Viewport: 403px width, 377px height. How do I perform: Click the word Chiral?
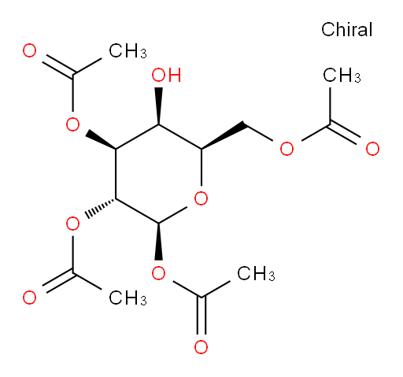[346, 29]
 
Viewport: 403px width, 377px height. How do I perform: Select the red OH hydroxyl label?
[166, 75]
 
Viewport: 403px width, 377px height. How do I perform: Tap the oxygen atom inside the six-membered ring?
[201, 198]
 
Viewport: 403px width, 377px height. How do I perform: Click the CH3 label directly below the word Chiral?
[342, 76]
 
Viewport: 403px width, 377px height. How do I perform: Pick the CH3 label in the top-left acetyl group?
[128, 51]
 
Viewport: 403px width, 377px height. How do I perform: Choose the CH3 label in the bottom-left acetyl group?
[128, 298]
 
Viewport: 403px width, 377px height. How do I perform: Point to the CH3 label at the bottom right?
[256, 273]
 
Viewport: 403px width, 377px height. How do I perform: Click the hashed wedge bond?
[101, 209]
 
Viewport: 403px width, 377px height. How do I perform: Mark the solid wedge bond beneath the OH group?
[158, 105]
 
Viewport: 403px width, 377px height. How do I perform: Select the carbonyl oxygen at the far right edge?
[372, 149]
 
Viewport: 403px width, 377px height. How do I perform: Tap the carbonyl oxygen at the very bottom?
[201, 347]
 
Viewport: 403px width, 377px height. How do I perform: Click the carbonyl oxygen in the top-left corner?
[29, 50]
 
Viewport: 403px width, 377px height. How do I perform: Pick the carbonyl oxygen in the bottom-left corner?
[29, 298]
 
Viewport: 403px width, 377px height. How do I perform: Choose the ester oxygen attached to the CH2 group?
[287, 149]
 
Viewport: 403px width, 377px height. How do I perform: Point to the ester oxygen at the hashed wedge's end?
[72, 224]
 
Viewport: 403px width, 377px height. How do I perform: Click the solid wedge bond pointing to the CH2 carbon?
[224, 136]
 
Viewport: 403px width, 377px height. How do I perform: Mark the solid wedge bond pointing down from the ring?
[158, 242]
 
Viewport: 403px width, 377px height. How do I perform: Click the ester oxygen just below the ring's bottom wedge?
[158, 273]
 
